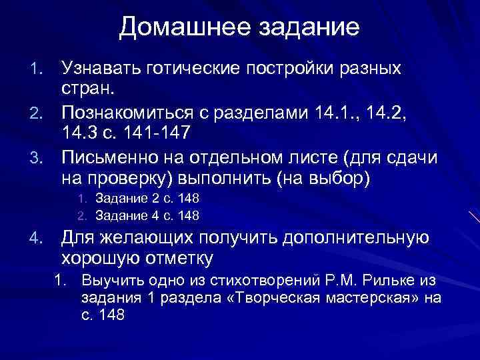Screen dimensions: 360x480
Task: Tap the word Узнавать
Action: [99, 68]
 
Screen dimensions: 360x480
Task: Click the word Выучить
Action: [111, 280]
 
